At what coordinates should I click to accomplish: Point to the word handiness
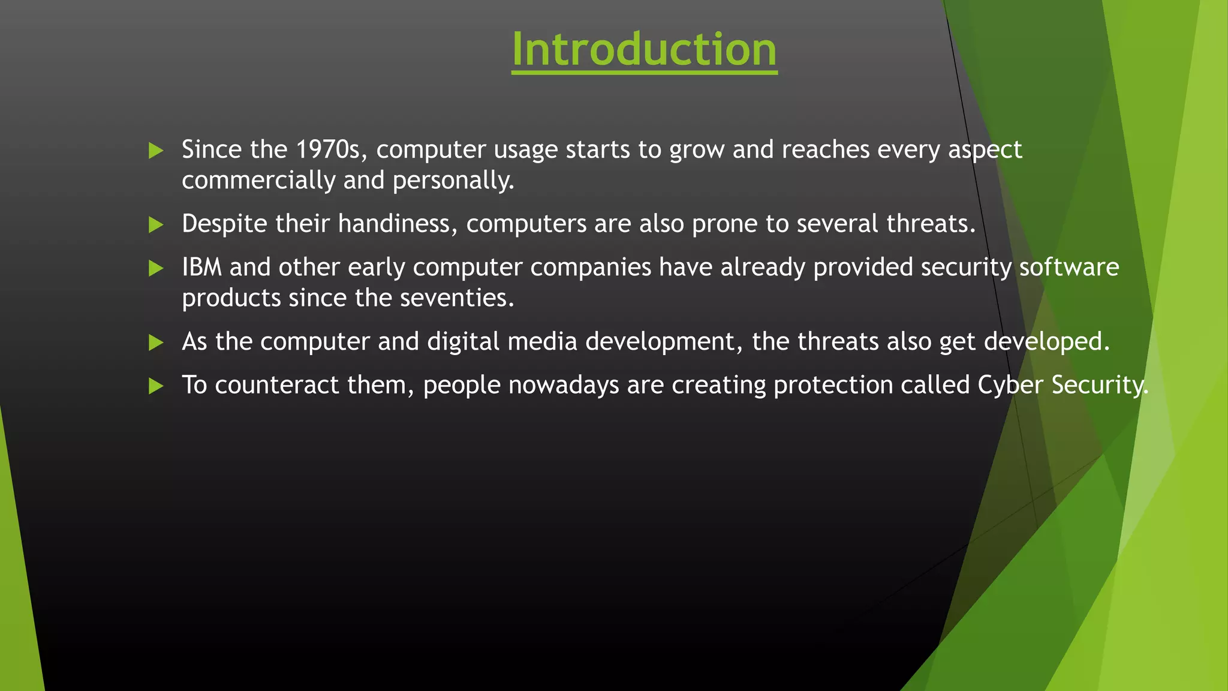coord(398,224)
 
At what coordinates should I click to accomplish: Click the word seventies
coord(456,298)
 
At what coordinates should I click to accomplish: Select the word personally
coord(453,181)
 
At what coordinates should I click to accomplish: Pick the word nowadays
coord(564,385)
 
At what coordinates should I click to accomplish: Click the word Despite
coord(224,224)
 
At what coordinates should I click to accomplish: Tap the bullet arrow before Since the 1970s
coord(156,150)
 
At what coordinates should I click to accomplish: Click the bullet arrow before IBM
coord(156,268)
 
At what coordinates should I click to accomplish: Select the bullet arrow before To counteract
coord(156,386)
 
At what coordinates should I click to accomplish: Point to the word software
coord(1069,267)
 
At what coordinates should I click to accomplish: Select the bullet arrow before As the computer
coord(156,343)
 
